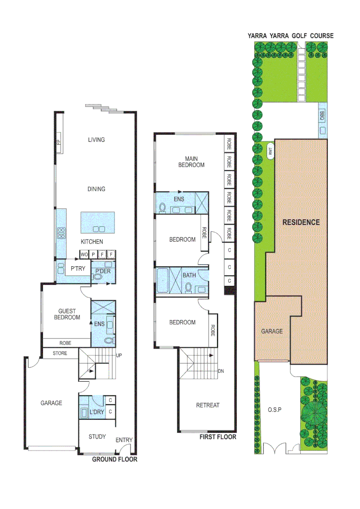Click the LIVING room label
(96, 140)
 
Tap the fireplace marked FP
(59, 146)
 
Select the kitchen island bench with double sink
(98, 222)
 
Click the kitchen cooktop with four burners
(61, 232)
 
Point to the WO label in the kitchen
(84, 255)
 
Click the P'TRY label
(77, 268)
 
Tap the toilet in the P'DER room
(98, 278)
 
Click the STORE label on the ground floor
(60, 353)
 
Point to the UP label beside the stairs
(120, 355)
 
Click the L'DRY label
(97, 412)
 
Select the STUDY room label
(97, 436)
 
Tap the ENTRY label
(124, 440)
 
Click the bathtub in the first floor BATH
(164, 281)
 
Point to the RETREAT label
(208, 405)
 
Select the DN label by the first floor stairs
(221, 371)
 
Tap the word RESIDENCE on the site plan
(301, 222)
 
